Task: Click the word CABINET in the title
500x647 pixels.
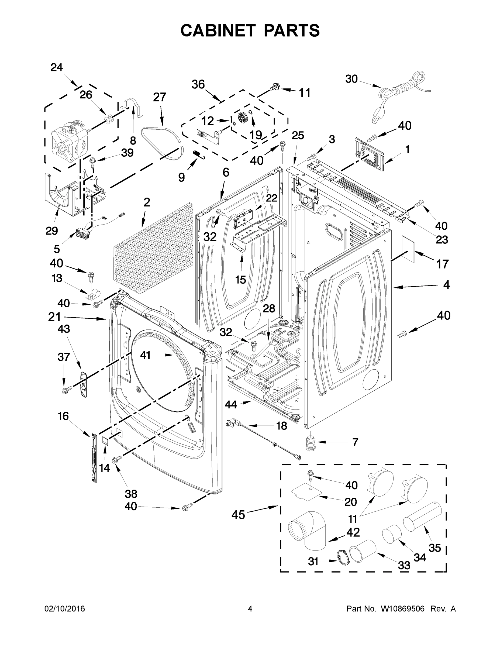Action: click(x=218, y=30)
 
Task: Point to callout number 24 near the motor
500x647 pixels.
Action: click(x=57, y=68)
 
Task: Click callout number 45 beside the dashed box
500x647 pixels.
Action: click(x=239, y=515)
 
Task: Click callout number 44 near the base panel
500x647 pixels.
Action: click(x=231, y=404)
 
